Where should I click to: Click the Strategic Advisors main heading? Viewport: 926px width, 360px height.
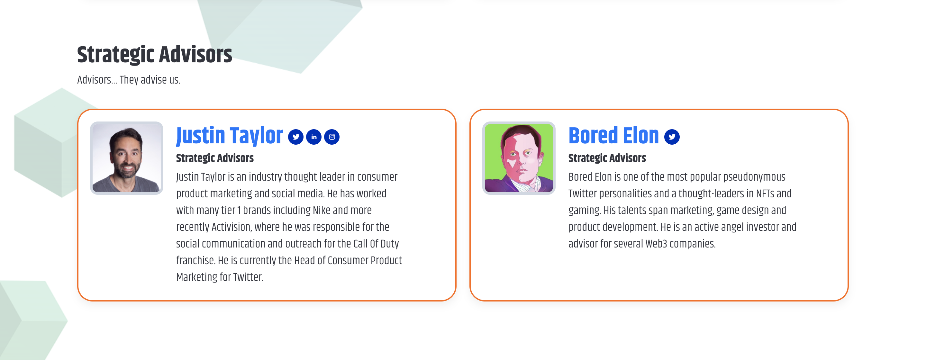155,55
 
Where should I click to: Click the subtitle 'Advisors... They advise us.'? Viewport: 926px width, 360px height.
129,80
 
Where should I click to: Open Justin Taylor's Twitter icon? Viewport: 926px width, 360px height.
295,137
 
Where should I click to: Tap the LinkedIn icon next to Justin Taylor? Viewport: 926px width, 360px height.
314,137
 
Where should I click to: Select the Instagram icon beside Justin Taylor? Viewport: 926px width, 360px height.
332,137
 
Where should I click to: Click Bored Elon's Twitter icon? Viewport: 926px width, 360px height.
671,137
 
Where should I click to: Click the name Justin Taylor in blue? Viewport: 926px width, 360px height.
229,136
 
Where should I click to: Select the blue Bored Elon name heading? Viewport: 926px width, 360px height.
613,136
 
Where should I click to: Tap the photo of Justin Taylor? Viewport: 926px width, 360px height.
127,158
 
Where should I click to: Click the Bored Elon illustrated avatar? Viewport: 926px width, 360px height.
519,158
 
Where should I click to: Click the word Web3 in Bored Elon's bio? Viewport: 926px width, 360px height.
656,244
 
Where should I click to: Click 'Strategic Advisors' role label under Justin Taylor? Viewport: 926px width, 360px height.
214,158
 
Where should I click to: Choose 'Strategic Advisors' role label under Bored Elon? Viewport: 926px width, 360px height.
607,158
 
